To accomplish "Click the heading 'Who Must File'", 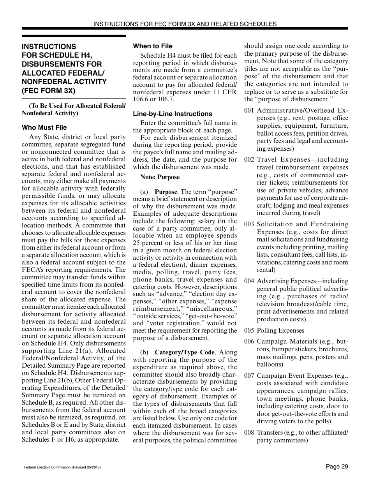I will click(x=44, y=127).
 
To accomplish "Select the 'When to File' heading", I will click(x=153, y=46).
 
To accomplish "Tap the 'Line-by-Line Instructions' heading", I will click(x=173, y=114).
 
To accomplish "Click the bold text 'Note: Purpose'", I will click(x=160, y=177).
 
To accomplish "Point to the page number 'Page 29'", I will click(x=337, y=467).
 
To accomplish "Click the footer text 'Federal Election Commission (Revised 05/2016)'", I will click(x=62, y=467).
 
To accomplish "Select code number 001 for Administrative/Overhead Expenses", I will click(x=249, y=111).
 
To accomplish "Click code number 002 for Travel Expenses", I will click(x=249, y=160).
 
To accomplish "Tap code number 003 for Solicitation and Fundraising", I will click(x=249, y=224).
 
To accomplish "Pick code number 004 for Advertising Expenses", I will click(x=249, y=281).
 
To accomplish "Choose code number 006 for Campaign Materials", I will click(x=249, y=342).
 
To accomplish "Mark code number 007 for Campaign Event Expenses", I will click(x=249, y=376).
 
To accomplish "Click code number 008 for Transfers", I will click(x=249, y=433).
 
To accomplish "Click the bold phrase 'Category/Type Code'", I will click(x=185, y=352).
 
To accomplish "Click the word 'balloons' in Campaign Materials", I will click(x=269, y=365).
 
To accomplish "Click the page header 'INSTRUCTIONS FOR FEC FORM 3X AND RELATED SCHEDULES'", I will click(x=185, y=24).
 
